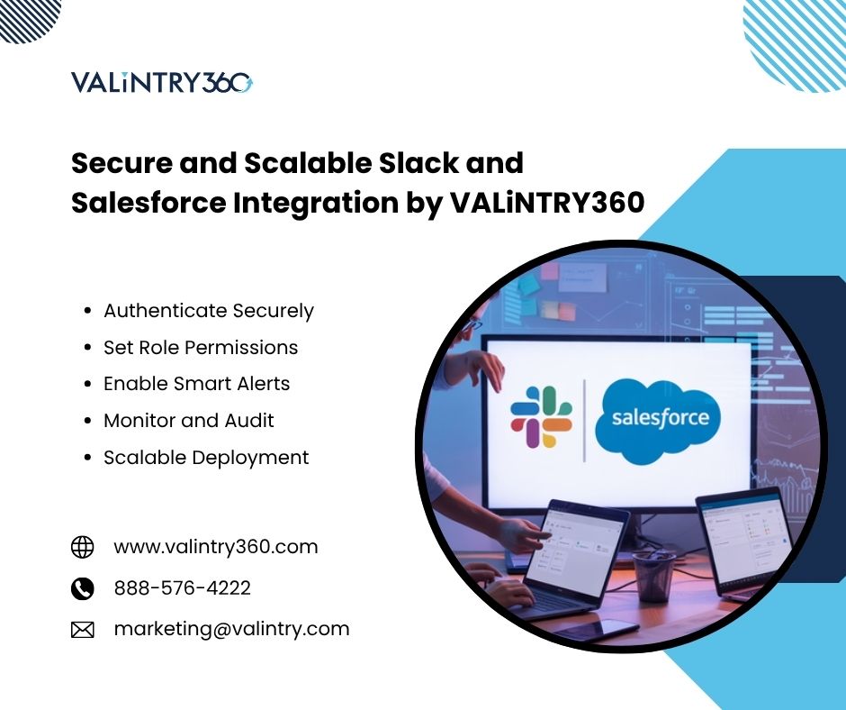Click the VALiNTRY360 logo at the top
(162, 83)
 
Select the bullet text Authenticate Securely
(208, 311)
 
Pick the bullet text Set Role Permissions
(201, 348)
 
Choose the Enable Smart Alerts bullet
(196, 384)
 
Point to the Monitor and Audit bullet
(189, 421)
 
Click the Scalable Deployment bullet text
(206, 458)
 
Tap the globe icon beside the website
(83, 547)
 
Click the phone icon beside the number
(83, 588)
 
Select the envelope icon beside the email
(83, 630)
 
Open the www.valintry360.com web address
(216, 547)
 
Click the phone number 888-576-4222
(183, 587)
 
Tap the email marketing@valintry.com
(231, 630)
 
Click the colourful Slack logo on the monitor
(541, 417)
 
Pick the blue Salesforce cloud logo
(658, 422)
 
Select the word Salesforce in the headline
(148, 203)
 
